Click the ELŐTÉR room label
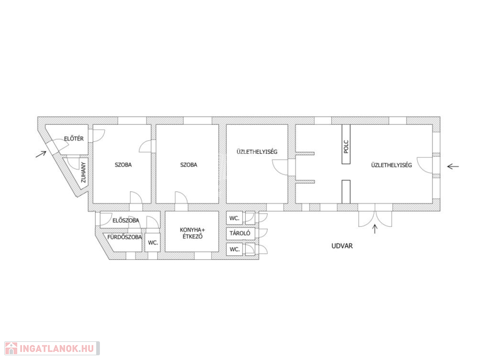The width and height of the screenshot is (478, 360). coord(74,139)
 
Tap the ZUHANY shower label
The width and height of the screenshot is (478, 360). coord(83,172)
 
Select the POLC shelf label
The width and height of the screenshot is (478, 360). coord(346,147)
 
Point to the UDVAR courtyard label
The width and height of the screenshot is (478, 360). coord(342,246)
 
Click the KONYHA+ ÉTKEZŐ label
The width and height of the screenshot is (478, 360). coord(192,233)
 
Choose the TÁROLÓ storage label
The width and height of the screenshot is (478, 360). coord(240,233)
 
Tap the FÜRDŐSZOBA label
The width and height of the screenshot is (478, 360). coord(124,237)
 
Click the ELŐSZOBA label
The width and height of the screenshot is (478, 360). coord(126,220)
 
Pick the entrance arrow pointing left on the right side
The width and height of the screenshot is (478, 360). coord(453,166)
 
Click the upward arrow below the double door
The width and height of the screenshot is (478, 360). coord(375,229)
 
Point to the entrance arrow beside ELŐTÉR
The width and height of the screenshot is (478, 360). coord(41,154)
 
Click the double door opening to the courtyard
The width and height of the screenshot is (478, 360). coord(375,215)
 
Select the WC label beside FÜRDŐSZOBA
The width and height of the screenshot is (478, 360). coord(153,243)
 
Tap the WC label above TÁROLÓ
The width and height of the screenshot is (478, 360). coord(234,218)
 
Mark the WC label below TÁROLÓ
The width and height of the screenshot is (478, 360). coord(235,249)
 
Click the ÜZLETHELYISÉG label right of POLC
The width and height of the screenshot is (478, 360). coord(391,165)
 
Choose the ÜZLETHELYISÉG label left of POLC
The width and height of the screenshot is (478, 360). coord(257,152)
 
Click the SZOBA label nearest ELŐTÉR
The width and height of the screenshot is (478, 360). coord(123,165)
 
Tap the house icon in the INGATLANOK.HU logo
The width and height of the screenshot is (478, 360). coord(11,348)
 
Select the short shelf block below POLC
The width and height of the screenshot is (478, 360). coord(346,192)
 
